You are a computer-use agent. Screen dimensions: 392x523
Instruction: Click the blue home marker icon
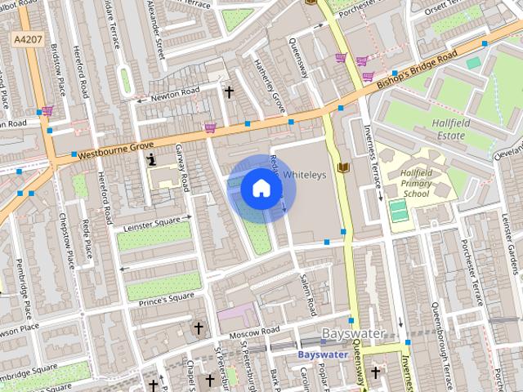[x=261, y=189]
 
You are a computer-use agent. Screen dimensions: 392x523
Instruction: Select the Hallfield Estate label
[x=450, y=129]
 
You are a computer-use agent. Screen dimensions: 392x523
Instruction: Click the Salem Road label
[x=306, y=289]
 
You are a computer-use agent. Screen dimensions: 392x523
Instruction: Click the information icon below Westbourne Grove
[x=151, y=161]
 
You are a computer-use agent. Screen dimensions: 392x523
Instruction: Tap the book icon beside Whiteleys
[x=343, y=167]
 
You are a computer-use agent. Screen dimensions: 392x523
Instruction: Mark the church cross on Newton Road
[x=230, y=92]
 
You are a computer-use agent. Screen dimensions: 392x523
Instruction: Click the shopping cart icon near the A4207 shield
[x=47, y=110]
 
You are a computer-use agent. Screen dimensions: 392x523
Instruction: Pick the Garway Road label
[x=183, y=167]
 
